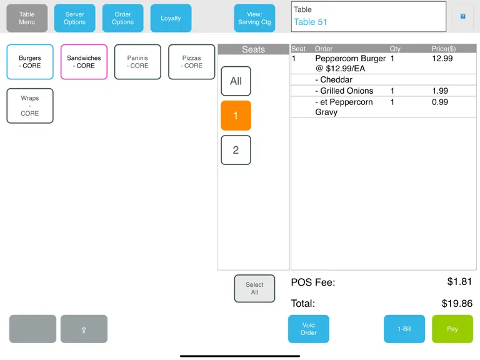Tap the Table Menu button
pos(27,18)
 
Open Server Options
pos(75,18)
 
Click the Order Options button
pos(122,18)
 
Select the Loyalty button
pos(171,18)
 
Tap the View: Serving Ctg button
pos(254,18)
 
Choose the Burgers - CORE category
pos(30,62)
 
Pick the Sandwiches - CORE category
pos(84,62)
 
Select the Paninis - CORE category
pos(137,62)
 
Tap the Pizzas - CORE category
pos(192,62)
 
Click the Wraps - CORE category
pos(30,106)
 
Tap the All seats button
pos(236,81)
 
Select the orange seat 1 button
pos(236,116)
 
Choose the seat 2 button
pos(236,150)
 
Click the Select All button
pos(254,288)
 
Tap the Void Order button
pos(309,329)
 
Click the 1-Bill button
pos(404,329)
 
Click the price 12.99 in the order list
pos(442,59)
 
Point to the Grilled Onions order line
pos(344,91)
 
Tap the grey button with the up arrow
pos(84,329)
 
